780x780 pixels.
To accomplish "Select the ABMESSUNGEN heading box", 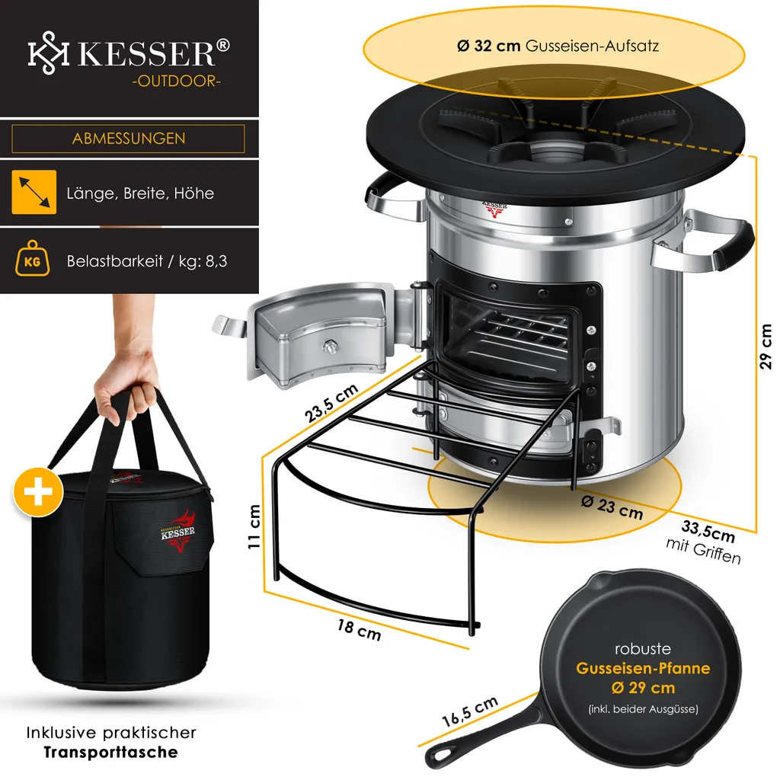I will [x=128, y=139].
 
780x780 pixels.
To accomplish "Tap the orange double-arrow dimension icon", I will [x=34, y=192].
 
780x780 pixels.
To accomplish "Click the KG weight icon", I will [x=34, y=261].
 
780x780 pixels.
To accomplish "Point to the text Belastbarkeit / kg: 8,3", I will [x=147, y=261].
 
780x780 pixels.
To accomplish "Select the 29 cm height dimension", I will [x=765, y=347].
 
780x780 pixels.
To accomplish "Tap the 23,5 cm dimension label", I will [x=331, y=403].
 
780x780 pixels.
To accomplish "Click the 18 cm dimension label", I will [x=359, y=629].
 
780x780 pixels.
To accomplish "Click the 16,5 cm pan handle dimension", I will [x=470, y=712].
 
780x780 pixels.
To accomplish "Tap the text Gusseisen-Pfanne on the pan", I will [x=643, y=669].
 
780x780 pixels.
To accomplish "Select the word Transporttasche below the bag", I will [x=110, y=753].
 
